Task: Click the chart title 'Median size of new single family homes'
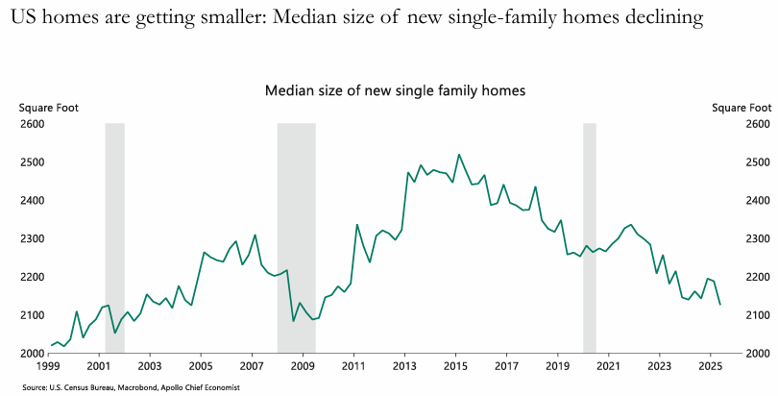pyautogui.click(x=396, y=90)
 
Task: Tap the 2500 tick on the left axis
pyautogui.click(x=32, y=162)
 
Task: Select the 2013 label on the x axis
pyautogui.click(x=404, y=367)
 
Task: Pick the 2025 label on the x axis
pyautogui.click(x=710, y=367)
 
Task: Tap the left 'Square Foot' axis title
pyautogui.click(x=42, y=108)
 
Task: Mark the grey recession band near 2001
pyautogui.click(x=114, y=238)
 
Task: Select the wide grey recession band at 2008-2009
pyautogui.click(x=296, y=238)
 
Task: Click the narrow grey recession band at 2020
pyautogui.click(x=590, y=238)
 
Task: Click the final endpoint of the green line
pyautogui.click(x=720, y=305)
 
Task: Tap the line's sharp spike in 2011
pyautogui.click(x=357, y=225)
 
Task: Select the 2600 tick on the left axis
pyautogui.click(x=32, y=124)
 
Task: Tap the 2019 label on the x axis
pyautogui.click(x=557, y=367)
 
